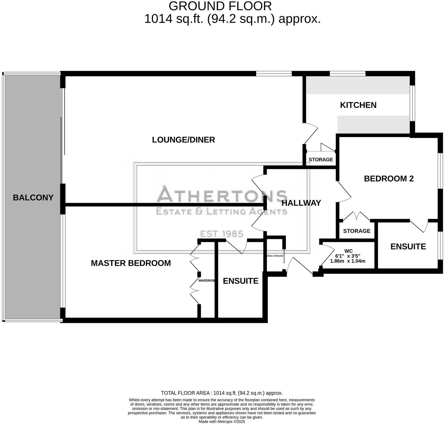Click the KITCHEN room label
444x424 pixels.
click(358, 105)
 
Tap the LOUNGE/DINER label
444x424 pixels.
click(183, 140)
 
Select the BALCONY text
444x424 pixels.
click(33, 198)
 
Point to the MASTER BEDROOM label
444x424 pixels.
click(131, 263)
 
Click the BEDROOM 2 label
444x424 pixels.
click(388, 179)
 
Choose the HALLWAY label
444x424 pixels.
click(301, 203)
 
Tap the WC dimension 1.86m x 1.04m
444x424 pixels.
click(347, 261)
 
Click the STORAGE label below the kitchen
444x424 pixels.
click(320, 160)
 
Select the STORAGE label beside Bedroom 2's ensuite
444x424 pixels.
click(357, 231)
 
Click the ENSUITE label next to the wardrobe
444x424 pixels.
click(240, 281)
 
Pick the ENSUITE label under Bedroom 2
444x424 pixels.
click(408, 247)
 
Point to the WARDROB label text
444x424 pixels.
click(207, 281)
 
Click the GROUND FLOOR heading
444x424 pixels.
click(220, 6)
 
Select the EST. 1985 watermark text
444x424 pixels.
click(222, 234)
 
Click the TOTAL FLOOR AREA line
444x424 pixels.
click(222, 393)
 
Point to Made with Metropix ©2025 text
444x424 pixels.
click(222, 422)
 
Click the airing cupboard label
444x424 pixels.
click(275, 256)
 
